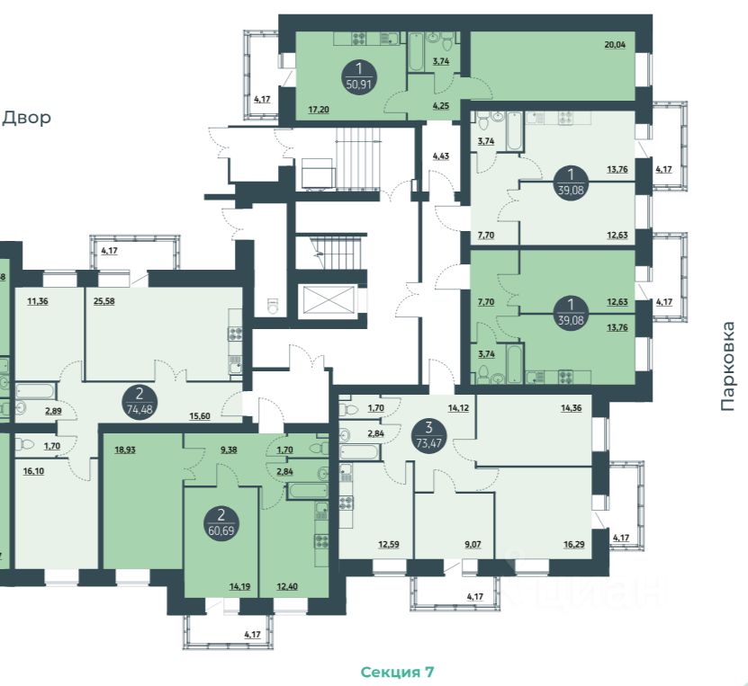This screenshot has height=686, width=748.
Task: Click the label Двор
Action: (27, 118)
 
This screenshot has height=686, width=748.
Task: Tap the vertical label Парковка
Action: (727, 366)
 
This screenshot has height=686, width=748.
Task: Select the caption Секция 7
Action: (397, 672)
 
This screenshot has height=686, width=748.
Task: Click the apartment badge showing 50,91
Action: (359, 76)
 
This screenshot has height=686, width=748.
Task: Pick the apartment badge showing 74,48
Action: (140, 402)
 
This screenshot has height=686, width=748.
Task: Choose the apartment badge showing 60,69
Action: (221, 522)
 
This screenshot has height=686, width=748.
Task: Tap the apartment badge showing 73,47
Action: (428, 435)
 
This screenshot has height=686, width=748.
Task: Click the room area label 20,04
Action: (615, 45)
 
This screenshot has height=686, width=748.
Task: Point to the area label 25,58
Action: (104, 301)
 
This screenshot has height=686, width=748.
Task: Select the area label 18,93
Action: (125, 450)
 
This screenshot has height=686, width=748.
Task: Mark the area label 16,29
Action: (574, 544)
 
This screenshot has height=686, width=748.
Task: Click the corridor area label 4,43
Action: (440, 156)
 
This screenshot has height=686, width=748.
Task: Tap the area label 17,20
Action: (319, 110)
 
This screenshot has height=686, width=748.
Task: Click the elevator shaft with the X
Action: (329, 300)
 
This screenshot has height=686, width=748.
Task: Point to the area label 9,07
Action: (473, 544)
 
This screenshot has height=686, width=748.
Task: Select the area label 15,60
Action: (200, 416)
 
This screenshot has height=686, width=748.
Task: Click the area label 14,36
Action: (571, 408)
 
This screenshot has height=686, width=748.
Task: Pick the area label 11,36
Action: (38, 301)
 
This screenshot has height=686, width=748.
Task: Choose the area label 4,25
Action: (440, 106)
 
